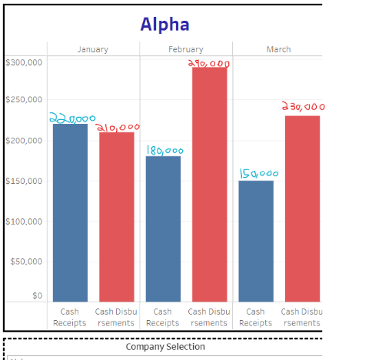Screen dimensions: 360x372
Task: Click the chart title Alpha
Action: tap(164, 25)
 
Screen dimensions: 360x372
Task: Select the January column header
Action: tap(93, 49)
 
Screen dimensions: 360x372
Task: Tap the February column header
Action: tap(185, 49)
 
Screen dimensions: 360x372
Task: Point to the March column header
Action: tap(278, 49)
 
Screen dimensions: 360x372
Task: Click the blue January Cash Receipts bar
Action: tap(70, 212)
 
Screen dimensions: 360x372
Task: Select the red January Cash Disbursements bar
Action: tap(116, 217)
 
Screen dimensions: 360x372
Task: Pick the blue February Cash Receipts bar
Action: tap(163, 228)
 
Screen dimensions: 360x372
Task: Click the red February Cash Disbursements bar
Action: tap(209, 185)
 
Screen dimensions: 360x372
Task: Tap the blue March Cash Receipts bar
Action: tap(256, 241)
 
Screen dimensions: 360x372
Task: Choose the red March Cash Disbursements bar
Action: tap(302, 208)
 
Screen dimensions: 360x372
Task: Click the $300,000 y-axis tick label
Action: tap(24, 61)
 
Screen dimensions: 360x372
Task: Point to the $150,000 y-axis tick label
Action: tap(24, 181)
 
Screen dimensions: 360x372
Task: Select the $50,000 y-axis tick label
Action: tap(27, 262)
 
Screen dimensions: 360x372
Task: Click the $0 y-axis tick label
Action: tap(36, 295)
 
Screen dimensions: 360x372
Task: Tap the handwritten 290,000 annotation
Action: tap(209, 63)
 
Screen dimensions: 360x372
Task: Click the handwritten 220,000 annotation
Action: tap(71, 118)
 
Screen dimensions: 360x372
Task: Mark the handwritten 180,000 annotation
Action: tap(164, 151)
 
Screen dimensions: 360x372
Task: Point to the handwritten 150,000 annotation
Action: tap(257, 175)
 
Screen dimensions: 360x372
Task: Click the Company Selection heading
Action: tap(165, 347)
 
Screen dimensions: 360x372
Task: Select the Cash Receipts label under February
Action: tap(163, 317)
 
